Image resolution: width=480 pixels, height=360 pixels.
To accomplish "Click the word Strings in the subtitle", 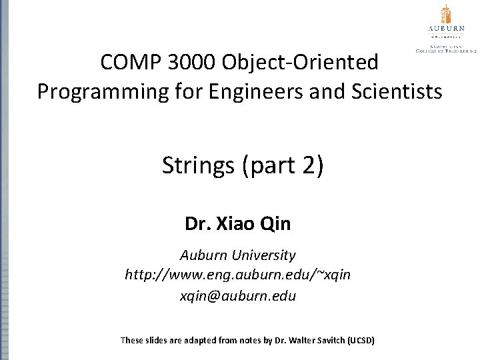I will point(199,165).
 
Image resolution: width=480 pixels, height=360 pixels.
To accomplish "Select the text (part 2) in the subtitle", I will point(283,165).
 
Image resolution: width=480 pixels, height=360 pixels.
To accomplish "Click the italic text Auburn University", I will point(238,255).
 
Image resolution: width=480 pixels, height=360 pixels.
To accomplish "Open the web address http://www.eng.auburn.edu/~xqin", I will point(238,275).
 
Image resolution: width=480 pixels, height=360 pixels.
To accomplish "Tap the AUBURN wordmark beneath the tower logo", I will point(445,29).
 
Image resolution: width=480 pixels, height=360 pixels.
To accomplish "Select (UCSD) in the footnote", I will point(361,341).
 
